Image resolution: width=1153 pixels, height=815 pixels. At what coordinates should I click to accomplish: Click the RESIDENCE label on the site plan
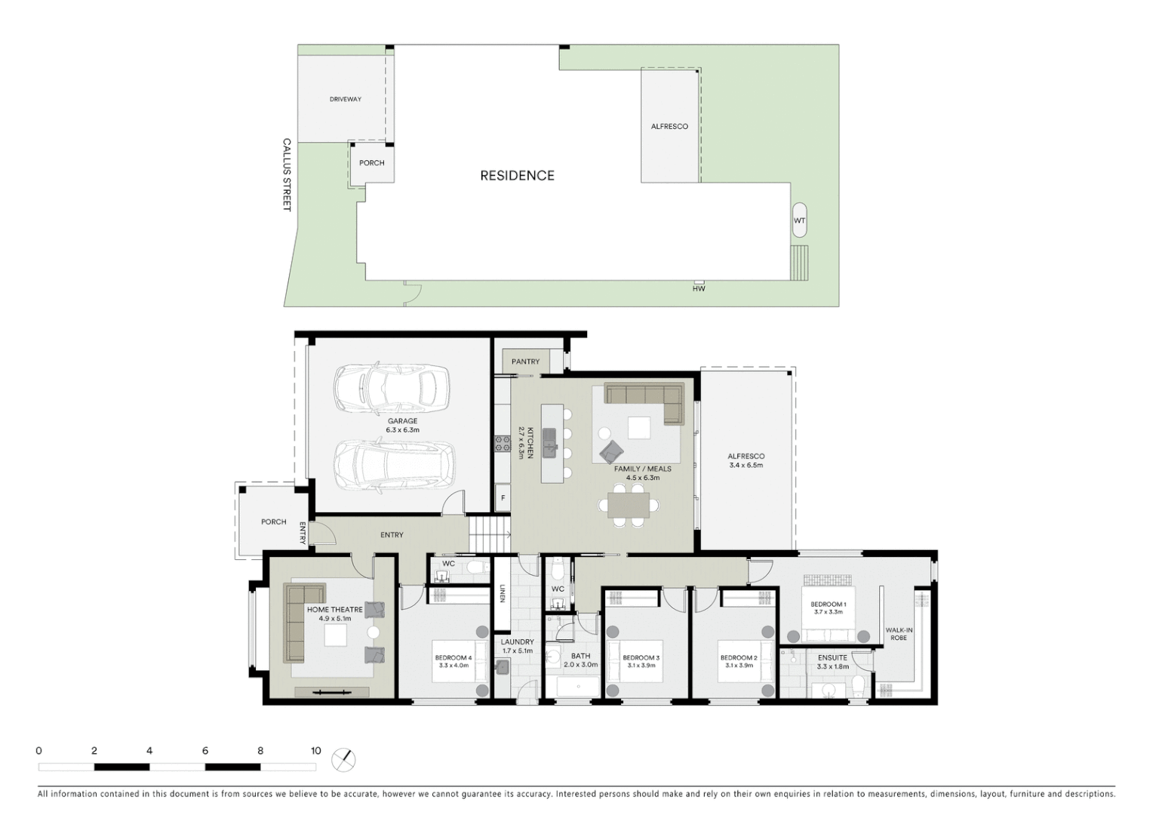[517, 176]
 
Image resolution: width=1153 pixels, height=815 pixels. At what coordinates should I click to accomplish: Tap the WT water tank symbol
[799, 220]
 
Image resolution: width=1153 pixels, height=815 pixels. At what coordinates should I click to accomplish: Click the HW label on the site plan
[699, 288]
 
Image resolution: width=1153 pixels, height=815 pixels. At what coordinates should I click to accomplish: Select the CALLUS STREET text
[287, 174]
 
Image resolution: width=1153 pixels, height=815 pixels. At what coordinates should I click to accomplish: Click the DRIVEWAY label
[345, 99]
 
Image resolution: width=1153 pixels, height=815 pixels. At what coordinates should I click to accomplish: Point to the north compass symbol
[343, 759]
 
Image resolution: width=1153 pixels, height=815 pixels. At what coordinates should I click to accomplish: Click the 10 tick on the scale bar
[315, 751]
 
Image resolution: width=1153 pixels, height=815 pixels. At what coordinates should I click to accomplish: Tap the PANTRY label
[525, 361]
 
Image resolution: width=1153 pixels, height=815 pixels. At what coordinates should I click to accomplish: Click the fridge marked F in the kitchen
[503, 497]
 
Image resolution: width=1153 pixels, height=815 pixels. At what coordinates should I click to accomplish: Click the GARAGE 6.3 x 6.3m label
[403, 426]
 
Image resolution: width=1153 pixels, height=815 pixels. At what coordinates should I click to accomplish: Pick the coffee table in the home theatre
[336, 635]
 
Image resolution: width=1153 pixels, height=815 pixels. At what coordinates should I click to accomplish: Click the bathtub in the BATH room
[578, 687]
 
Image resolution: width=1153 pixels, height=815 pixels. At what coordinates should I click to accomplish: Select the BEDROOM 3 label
[641, 662]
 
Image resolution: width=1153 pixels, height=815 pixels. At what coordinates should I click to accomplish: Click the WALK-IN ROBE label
[899, 634]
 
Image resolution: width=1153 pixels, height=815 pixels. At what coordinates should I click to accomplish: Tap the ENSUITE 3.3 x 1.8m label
[832, 662]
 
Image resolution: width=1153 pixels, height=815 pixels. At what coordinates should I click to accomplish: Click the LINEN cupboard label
[502, 594]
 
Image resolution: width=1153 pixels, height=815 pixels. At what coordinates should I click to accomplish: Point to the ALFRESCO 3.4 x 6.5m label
[746, 460]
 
